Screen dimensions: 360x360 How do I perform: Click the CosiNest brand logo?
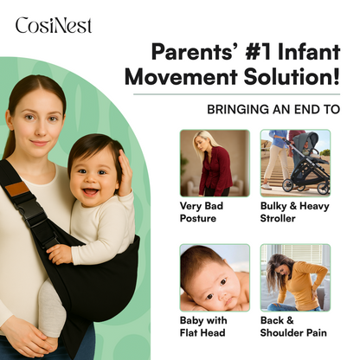click(x=53, y=25)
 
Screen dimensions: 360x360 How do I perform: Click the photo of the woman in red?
click(x=214, y=163)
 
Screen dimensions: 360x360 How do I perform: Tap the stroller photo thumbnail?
click(x=295, y=163)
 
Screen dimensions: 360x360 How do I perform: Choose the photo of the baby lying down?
click(x=214, y=277)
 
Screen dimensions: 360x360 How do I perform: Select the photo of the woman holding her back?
click(x=295, y=277)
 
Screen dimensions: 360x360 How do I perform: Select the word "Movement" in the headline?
click(x=176, y=77)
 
